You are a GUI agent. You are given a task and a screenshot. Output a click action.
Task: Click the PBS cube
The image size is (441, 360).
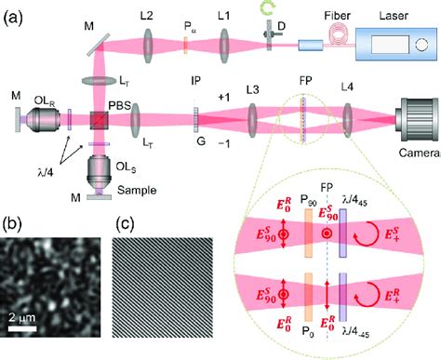pyautogui.click(x=96, y=119)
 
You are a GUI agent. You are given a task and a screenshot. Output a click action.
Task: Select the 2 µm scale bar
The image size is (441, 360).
pyautogui.click(x=25, y=327)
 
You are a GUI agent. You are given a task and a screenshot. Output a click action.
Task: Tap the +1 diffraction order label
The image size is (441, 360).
pyautogui.click(x=221, y=98)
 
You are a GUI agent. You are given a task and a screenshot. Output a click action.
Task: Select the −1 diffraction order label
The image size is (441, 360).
pyautogui.click(x=221, y=140)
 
